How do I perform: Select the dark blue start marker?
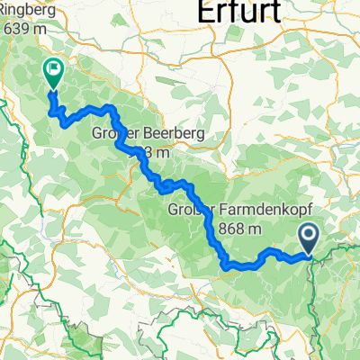click(308, 238)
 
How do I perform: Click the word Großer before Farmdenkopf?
click(192, 211)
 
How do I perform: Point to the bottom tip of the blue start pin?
click(308, 256)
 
